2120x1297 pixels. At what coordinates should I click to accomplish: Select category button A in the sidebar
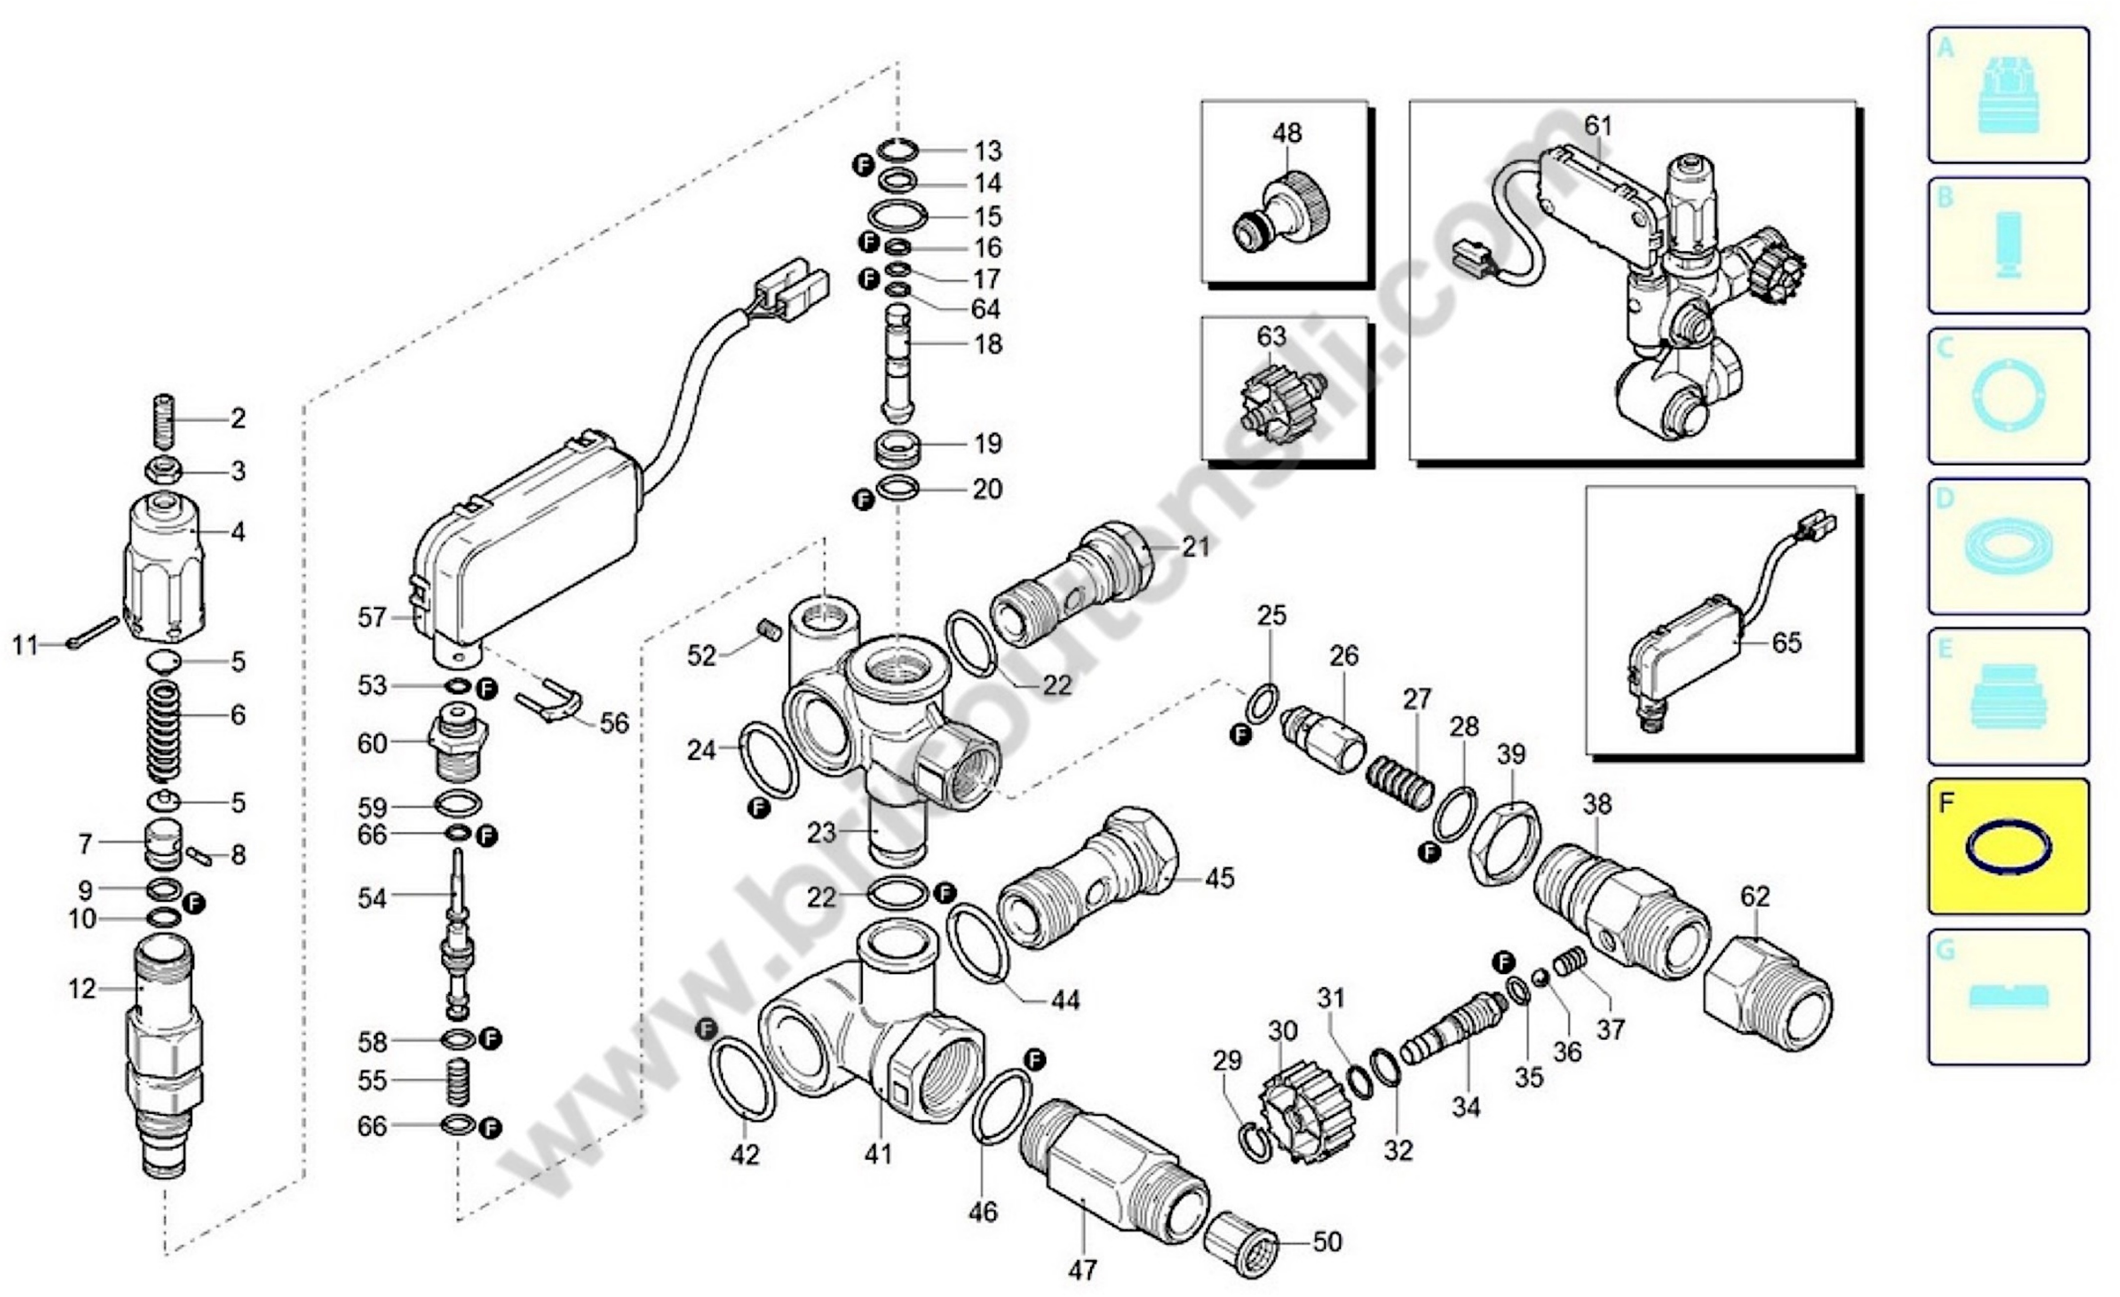coord(2007,95)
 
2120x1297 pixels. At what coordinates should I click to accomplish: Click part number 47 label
coord(1083,1269)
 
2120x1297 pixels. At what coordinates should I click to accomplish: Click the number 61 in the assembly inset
coord(1598,126)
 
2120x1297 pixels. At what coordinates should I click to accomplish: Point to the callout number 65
coord(1786,642)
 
